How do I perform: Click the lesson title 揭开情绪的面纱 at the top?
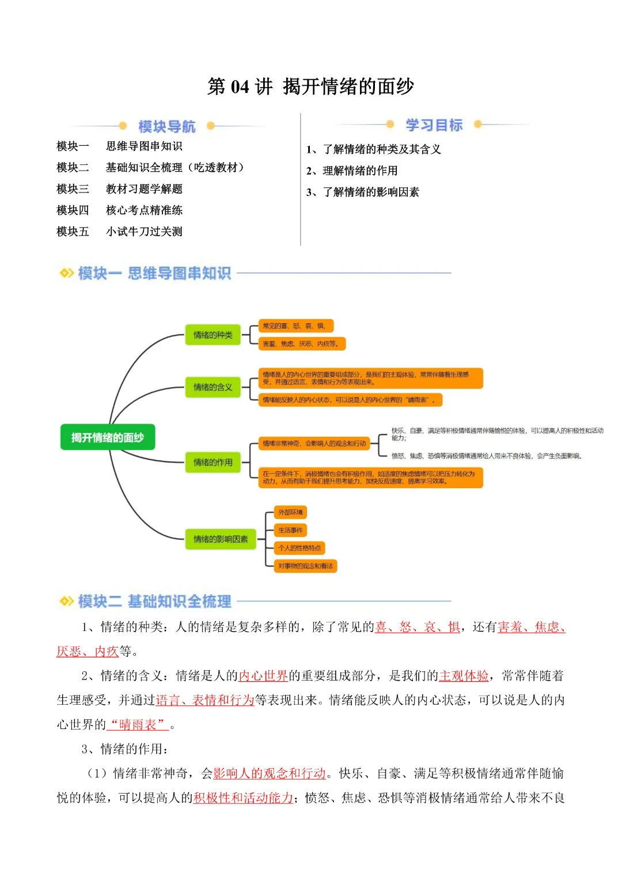pyautogui.click(x=348, y=86)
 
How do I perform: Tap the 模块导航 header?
pyautogui.click(x=166, y=126)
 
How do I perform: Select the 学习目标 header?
pyautogui.click(x=434, y=125)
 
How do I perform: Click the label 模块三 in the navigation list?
pyautogui.click(x=73, y=189)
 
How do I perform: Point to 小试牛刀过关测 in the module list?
pyautogui.click(x=144, y=232)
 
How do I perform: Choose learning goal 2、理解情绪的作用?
pyautogui.click(x=352, y=171)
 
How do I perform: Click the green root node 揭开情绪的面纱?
pyautogui.click(x=108, y=437)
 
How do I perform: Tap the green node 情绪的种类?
pyautogui.click(x=213, y=335)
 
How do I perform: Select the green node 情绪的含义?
pyautogui.click(x=213, y=387)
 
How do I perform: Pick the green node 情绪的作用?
pyautogui.click(x=213, y=462)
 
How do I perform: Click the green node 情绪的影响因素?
pyautogui.click(x=220, y=539)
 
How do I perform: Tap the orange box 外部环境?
pyautogui.click(x=290, y=512)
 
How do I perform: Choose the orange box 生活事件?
pyautogui.click(x=290, y=530)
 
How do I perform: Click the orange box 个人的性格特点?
pyautogui.click(x=299, y=548)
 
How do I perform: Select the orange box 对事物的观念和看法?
pyautogui.click(x=305, y=566)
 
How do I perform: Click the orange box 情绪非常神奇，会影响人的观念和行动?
pyautogui.click(x=314, y=444)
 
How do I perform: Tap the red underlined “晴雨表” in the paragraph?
pyautogui.click(x=138, y=724)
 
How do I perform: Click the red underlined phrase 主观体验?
pyautogui.click(x=464, y=676)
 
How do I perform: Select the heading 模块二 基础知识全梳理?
pyautogui.click(x=154, y=602)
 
